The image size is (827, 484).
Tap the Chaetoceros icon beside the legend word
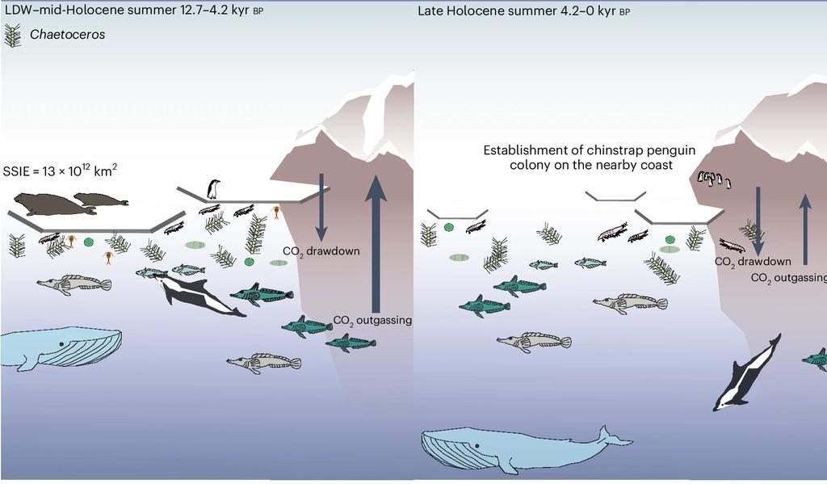13,36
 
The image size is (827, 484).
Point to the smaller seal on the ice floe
101,199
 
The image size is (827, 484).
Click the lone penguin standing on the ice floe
213,189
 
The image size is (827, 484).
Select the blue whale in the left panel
61,347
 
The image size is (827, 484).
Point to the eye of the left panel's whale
61,345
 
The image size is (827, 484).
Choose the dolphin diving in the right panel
747,372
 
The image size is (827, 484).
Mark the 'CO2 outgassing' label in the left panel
372,320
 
